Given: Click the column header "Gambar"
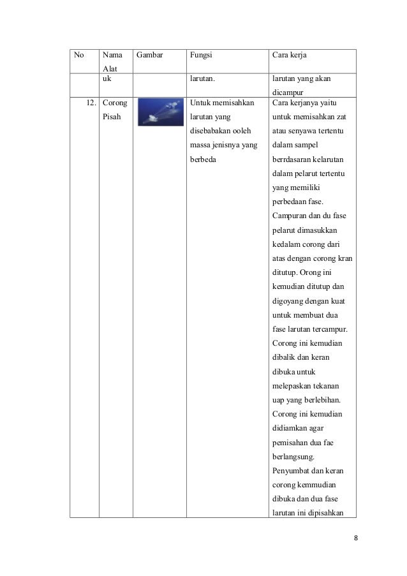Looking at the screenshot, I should click(150, 55).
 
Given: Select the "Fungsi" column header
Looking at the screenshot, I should click(200, 55).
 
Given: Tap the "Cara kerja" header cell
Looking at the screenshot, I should click(290, 55).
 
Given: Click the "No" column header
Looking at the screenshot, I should click(79, 55).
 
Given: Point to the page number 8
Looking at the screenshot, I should click(356, 537).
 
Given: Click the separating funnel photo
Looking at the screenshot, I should click(159, 112).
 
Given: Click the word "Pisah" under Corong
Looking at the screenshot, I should click(113, 117).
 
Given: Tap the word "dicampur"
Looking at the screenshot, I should click(290, 94).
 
